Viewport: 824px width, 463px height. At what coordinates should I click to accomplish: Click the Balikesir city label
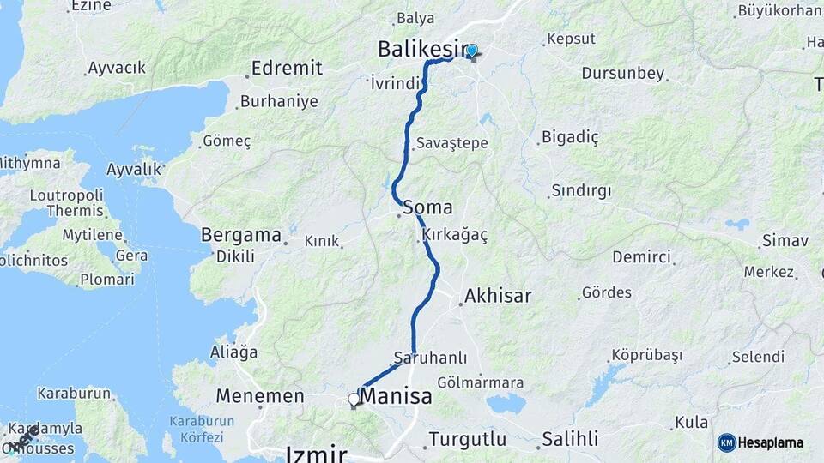[x=423, y=50]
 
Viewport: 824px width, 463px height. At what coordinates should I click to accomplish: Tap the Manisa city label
[x=396, y=398]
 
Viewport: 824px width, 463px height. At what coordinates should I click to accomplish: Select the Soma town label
[x=427, y=207]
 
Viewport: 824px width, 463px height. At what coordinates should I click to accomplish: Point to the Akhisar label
[x=497, y=297]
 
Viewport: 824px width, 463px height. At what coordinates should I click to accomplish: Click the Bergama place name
[x=241, y=234]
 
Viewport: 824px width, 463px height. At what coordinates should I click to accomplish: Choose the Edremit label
[x=288, y=69]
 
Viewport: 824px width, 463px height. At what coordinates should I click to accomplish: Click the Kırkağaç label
[x=455, y=234]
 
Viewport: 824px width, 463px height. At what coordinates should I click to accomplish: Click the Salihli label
[x=570, y=439]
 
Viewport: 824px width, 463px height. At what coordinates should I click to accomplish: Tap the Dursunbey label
[x=623, y=74]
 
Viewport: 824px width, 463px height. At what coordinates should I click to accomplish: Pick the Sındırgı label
[x=581, y=190]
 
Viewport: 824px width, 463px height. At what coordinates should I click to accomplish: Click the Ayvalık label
[x=133, y=170]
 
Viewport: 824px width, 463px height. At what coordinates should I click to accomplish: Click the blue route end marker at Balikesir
[x=471, y=51]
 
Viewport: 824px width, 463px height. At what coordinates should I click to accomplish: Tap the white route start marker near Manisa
[x=354, y=400]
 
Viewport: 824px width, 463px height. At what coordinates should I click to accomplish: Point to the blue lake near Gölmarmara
[x=506, y=403]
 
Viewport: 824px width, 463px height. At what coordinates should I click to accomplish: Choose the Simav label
[x=785, y=241]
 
